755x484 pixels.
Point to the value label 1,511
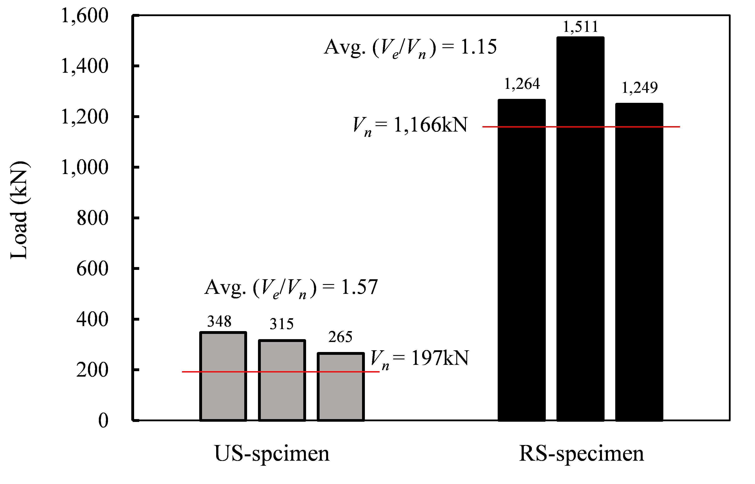pos(580,27)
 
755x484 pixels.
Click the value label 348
pos(219,321)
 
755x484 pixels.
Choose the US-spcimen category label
pos(272,454)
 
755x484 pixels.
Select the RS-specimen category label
pos(581,454)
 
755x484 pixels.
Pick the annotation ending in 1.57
pos(291,288)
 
